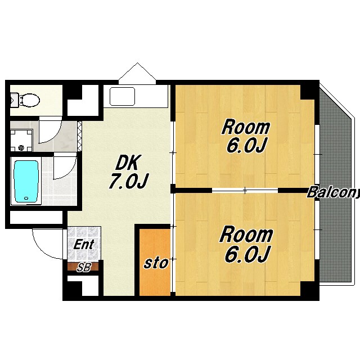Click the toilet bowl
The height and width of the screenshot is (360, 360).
coord(30,100)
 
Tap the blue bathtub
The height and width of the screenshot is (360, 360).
coord(26,181)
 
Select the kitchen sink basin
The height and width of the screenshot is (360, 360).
coord(122,96)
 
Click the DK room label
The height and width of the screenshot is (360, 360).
coord(128,163)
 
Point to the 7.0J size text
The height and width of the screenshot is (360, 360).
coord(129,181)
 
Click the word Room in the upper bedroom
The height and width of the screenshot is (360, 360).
coord(246,128)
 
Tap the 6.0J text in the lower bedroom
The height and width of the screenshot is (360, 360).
coord(246,255)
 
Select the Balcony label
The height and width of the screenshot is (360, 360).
coord(334,192)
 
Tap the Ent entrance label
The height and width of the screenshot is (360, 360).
coord(84,245)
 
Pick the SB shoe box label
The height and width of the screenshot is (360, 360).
coord(84,267)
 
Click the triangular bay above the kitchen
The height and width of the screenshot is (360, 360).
coord(137,73)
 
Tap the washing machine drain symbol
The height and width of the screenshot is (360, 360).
coord(21,147)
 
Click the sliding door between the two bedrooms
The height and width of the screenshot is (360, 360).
coord(245,190)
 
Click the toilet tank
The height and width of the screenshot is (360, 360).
coord(15,100)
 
